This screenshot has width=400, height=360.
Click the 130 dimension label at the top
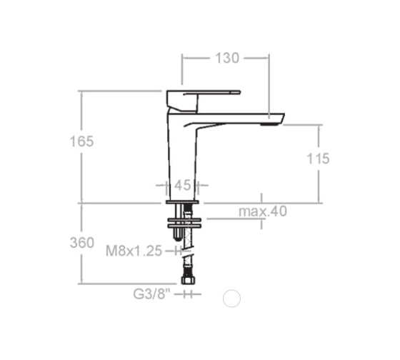tap(227, 58)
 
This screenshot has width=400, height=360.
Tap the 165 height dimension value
tap(82, 141)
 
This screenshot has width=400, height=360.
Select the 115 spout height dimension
tap(318, 159)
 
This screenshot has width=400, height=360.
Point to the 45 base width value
tap(182, 185)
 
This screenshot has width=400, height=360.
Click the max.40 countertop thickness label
tap(263, 211)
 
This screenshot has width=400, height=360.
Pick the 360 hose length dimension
tap(82, 243)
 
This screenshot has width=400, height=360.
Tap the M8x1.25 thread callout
tap(134, 251)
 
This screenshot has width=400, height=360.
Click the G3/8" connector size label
tap(151, 294)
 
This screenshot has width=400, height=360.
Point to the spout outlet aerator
tap(269, 124)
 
